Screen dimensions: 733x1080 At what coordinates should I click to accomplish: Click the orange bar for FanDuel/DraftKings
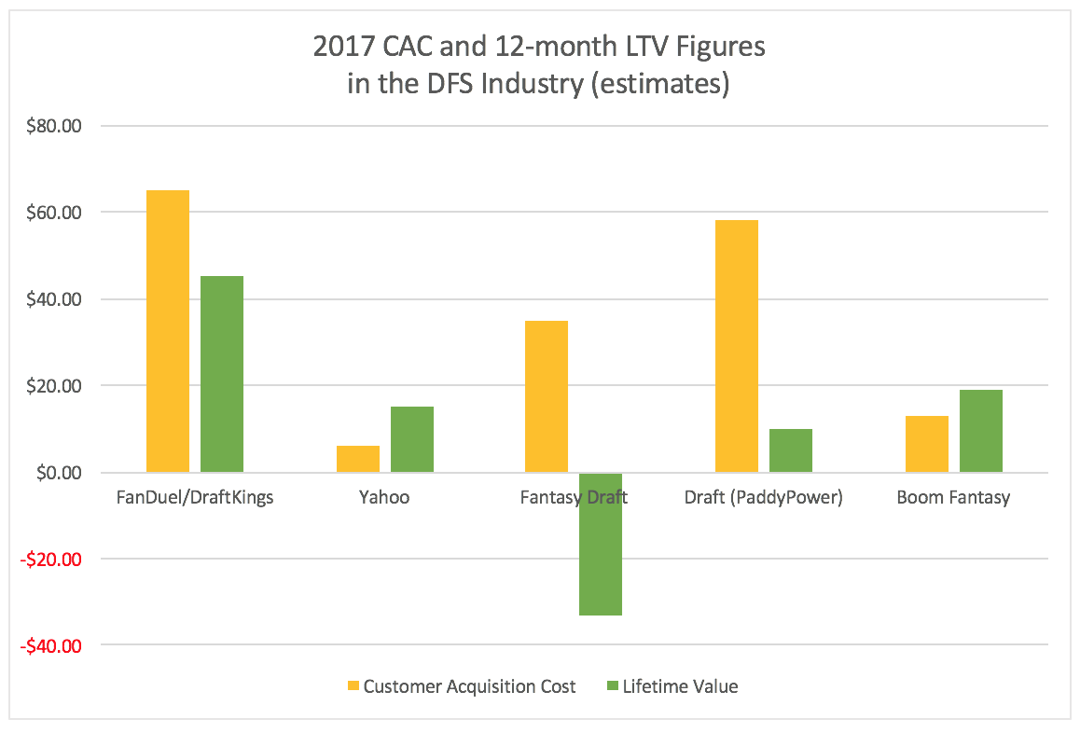pyautogui.click(x=168, y=331)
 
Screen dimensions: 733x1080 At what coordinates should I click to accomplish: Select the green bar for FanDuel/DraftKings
pyautogui.click(x=222, y=374)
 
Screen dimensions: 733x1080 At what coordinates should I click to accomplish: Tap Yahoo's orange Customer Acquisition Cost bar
pyautogui.click(x=358, y=459)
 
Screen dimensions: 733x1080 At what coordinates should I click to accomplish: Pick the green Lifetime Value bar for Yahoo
pyautogui.click(x=412, y=439)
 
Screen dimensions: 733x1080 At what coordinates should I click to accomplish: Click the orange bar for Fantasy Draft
pyautogui.click(x=547, y=396)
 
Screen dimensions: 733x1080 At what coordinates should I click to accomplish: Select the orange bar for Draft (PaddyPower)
pyautogui.click(x=737, y=346)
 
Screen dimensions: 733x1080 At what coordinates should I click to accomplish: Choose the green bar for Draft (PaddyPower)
pyautogui.click(x=791, y=450)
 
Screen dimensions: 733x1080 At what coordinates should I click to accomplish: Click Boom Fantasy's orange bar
pyautogui.click(x=927, y=444)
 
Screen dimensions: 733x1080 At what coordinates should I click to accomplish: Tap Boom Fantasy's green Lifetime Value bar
pyautogui.click(x=981, y=431)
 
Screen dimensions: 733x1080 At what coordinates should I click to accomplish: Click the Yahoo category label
pyautogui.click(x=384, y=497)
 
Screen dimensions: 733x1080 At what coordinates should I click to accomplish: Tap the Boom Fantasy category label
pyautogui.click(x=953, y=497)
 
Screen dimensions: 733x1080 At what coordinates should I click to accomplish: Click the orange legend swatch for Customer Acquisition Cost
pyautogui.click(x=353, y=686)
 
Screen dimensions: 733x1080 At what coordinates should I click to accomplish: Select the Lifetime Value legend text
pyautogui.click(x=680, y=686)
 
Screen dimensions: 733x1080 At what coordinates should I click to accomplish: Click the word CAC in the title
pyautogui.click(x=445, y=48)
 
